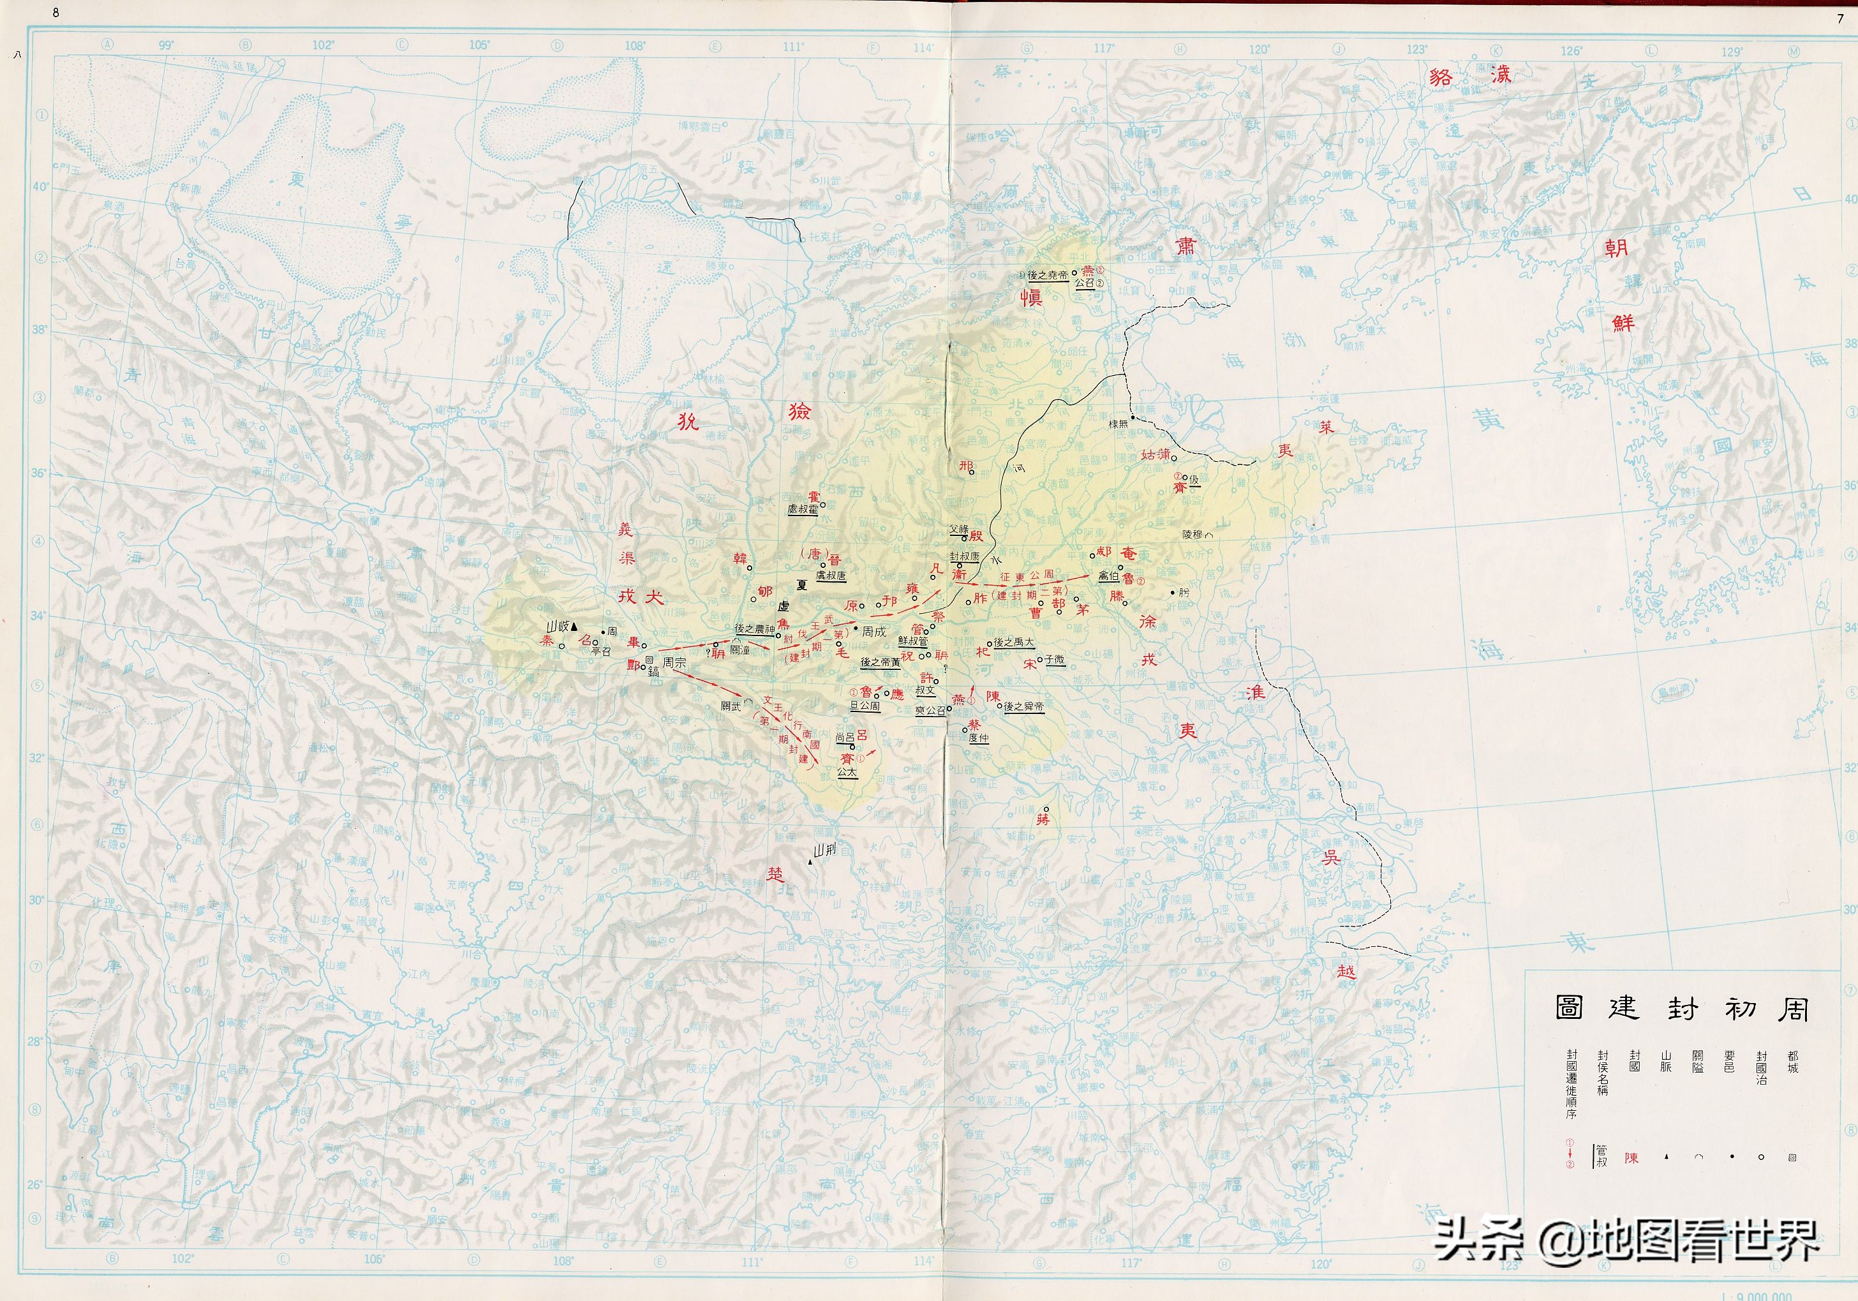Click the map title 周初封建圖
pos(1682,1008)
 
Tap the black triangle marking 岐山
pos(574,626)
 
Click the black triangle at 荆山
pos(810,864)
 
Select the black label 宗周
pos(674,662)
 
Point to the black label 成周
pos(873,632)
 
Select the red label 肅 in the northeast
pos(1185,246)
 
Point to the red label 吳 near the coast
pos(1330,858)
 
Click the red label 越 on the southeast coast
pos(1346,972)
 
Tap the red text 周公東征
pos(1026,576)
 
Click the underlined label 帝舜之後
pos(1023,706)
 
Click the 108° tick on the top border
pos(634,46)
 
